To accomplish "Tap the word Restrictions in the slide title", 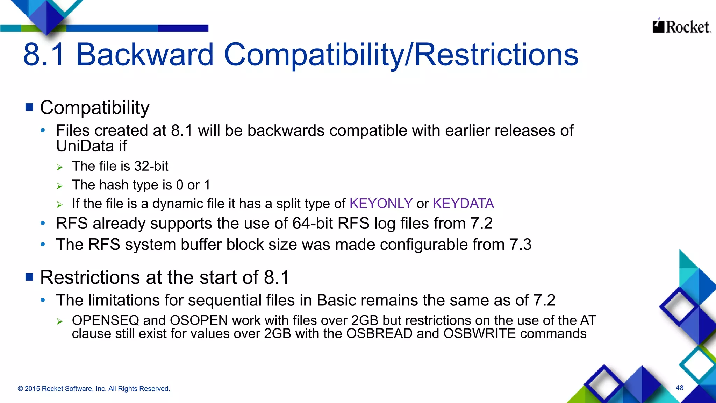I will [x=496, y=55].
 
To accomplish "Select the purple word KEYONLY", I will [x=381, y=204].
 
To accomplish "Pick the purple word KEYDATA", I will [x=463, y=204].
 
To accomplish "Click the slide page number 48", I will [x=679, y=388].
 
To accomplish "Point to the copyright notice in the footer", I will [x=94, y=389].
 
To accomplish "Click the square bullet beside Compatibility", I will [x=29, y=107].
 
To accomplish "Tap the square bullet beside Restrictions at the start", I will [x=29, y=277].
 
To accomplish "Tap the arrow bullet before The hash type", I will [x=60, y=186].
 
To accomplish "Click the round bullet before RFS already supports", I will [x=43, y=223].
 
